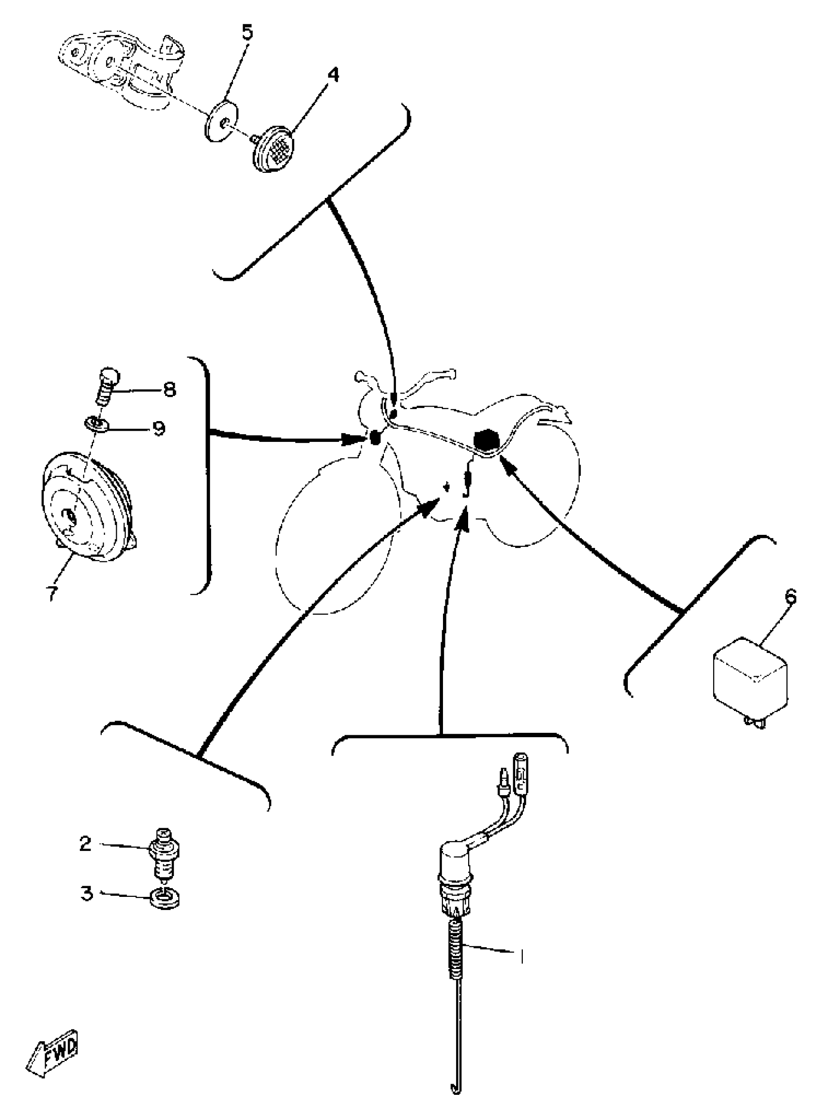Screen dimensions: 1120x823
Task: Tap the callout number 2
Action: pyautogui.click(x=85, y=844)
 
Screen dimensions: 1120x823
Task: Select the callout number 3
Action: pyautogui.click(x=87, y=893)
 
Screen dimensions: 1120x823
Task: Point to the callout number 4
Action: pyautogui.click(x=333, y=75)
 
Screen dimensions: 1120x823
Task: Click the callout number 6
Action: pyautogui.click(x=790, y=596)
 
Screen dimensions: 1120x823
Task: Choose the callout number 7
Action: pyautogui.click(x=51, y=592)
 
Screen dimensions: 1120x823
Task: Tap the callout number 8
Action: pyautogui.click(x=170, y=390)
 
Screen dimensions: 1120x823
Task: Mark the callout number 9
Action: pyautogui.click(x=158, y=428)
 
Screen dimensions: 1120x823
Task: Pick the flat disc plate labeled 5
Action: pyautogui.click(x=221, y=121)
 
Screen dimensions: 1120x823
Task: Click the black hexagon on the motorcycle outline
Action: pyautogui.click(x=483, y=441)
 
